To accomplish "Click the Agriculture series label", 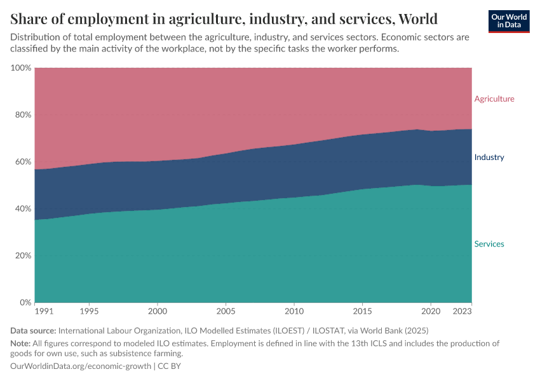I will coord(494,99).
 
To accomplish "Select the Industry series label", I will coord(489,157).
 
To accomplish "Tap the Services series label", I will coord(489,244).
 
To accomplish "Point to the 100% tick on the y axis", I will coord(21,68).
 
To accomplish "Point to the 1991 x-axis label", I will coord(44,312).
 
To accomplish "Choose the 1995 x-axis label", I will coord(89,312).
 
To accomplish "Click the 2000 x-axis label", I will coord(158,312).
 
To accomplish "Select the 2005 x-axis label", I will coord(226,312).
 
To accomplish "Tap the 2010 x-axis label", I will coord(294,312).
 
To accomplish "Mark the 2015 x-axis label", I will coord(362,312).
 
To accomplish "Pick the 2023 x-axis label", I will coord(462,312).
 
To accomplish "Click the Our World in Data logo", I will coord(509,21).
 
